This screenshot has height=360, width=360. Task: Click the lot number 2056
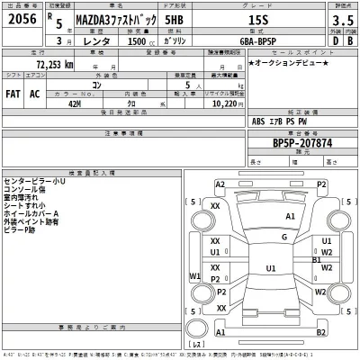(23, 18)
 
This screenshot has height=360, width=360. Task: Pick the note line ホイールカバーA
(32, 213)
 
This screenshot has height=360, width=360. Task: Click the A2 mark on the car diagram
(220, 184)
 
